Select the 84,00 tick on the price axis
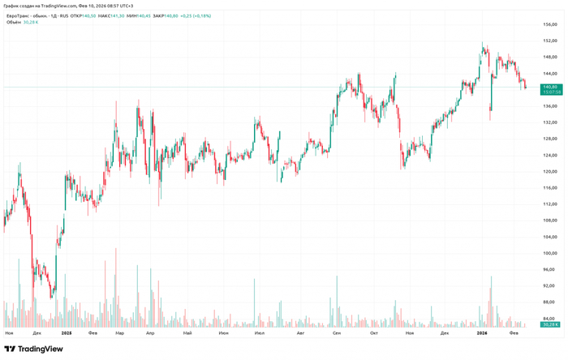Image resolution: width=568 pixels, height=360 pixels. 549,318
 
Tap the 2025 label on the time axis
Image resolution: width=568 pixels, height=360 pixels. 66,332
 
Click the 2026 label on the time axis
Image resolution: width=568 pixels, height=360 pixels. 481,332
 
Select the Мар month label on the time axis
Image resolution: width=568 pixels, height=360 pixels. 120,332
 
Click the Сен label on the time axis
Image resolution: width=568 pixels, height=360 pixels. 337,332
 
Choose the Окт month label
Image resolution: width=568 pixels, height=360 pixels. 374,332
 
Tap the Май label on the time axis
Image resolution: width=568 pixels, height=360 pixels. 188,332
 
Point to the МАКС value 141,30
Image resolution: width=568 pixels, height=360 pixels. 116,15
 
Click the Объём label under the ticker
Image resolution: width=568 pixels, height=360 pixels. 13,23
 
